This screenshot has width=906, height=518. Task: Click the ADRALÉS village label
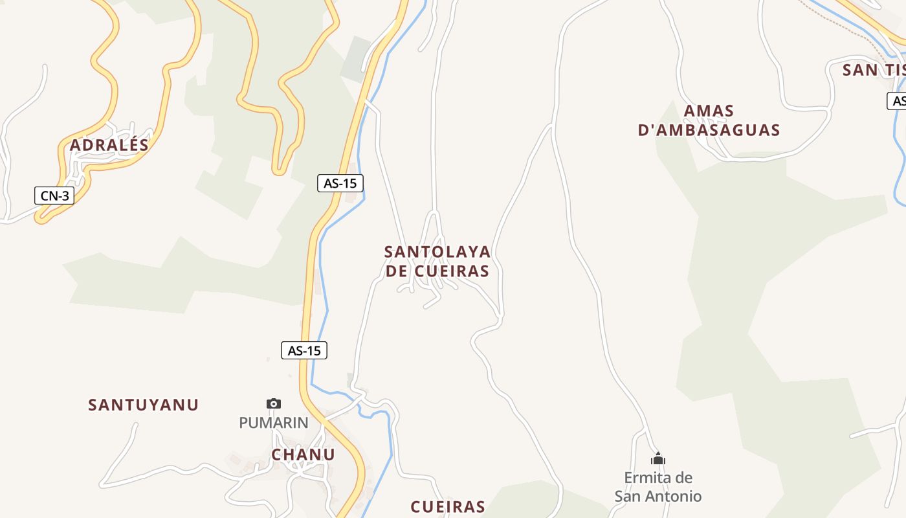pyautogui.click(x=109, y=145)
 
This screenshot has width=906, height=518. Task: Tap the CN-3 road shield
pyautogui.click(x=54, y=196)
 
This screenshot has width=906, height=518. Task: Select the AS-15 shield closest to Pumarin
pyautogui.click(x=304, y=350)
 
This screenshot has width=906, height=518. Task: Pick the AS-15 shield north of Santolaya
pyautogui.click(x=340, y=183)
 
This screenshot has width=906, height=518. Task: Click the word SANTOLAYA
pyautogui.click(x=437, y=251)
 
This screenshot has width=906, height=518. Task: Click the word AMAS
pyautogui.click(x=709, y=111)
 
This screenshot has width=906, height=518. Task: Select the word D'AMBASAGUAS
pyautogui.click(x=709, y=130)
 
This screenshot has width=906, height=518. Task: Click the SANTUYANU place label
pyautogui.click(x=143, y=405)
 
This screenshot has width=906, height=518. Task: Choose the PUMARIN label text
pyautogui.click(x=274, y=423)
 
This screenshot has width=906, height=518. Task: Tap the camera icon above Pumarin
pyautogui.click(x=274, y=403)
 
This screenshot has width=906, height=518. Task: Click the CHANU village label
pyautogui.click(x=303, y=455)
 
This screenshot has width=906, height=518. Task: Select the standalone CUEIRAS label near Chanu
pyautogui.click(x=448, y=506)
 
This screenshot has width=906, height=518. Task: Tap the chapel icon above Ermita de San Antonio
pyautogui.click(x=658, y=459)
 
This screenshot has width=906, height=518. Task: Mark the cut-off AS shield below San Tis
pyautogui.click(x=897, y=101)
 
